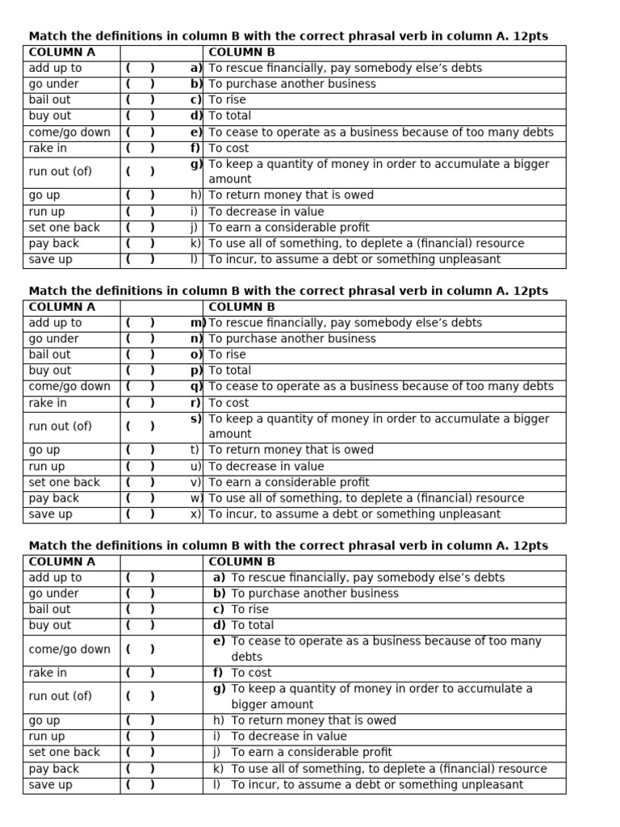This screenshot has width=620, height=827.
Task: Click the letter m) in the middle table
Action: coord(197,323)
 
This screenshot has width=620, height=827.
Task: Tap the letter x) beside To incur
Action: coord(195,514)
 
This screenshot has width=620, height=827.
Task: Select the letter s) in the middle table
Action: coord(196,419)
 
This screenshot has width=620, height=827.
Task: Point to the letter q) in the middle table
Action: coord(196,387)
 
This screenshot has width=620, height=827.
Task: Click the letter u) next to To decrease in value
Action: coord(195,467)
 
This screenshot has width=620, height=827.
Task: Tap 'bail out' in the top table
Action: coord(49,100)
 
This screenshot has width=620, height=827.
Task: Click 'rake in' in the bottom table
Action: coord(48,673)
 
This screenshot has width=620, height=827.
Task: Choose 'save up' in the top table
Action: coord(50,260)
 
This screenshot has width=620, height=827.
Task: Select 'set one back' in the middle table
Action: coord(65,482)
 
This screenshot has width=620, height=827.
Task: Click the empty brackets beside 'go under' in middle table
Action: coord(140,339)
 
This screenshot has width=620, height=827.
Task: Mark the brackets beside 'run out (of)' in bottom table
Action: coord(140,696)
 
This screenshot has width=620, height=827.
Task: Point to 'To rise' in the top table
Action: coord(228,100)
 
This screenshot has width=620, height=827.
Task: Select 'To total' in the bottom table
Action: coord(252,625)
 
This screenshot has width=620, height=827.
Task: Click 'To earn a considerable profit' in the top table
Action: coord(289,228)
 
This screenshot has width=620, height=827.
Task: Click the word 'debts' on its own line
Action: coord(247,657)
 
